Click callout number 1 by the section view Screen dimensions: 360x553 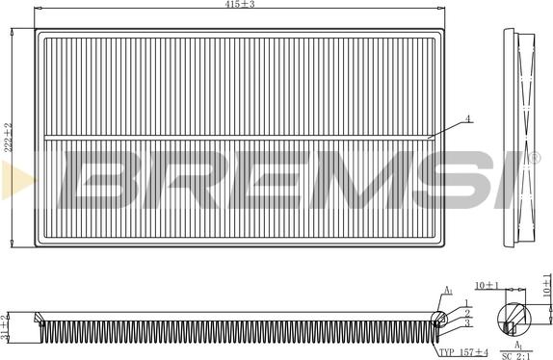pos(466,303)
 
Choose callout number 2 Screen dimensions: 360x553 pos(466,314)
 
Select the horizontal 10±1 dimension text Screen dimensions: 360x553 pos(486,286)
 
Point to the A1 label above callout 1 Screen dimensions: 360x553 pos(447,290)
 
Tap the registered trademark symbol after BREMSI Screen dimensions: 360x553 pos(533,157)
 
